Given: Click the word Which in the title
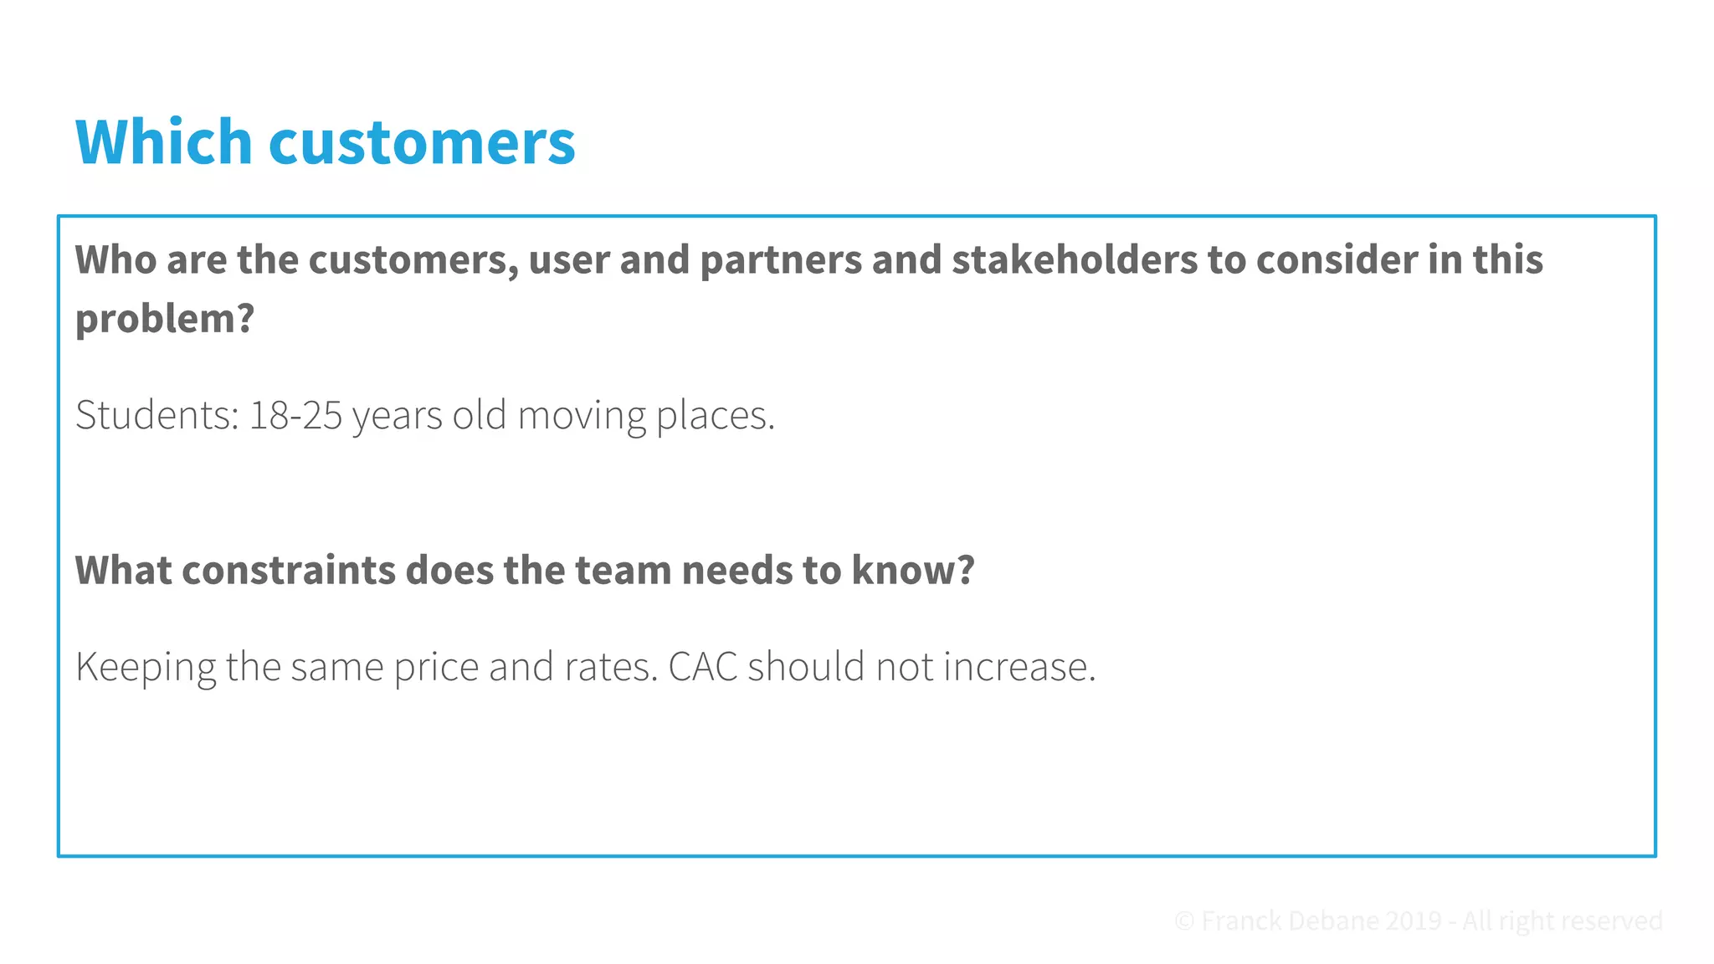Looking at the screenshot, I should [x=164, y=141].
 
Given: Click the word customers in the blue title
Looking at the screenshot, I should [x=422, y=143].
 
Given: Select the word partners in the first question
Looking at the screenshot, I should [x=780, y=261].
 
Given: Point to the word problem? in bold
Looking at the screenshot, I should [x=165, y=320].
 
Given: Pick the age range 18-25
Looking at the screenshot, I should [x=295, y=415].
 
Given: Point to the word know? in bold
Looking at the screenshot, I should [x=913, y=571].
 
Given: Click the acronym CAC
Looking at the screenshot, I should [x=703, y=667].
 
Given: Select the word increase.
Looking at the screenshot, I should [x=1019, y=667].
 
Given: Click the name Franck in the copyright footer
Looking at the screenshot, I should [x=1241, y=921].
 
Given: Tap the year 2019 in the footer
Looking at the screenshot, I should [x=1413, y=921].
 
